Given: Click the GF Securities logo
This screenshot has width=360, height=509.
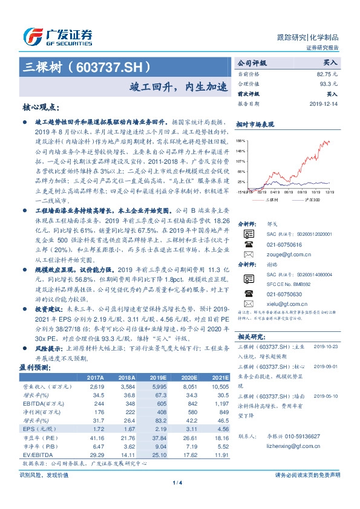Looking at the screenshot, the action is point(57,36).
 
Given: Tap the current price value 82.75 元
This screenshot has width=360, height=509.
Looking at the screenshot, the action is point(326,73).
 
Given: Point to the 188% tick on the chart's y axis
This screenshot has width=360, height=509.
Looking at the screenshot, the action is point(241,140).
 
